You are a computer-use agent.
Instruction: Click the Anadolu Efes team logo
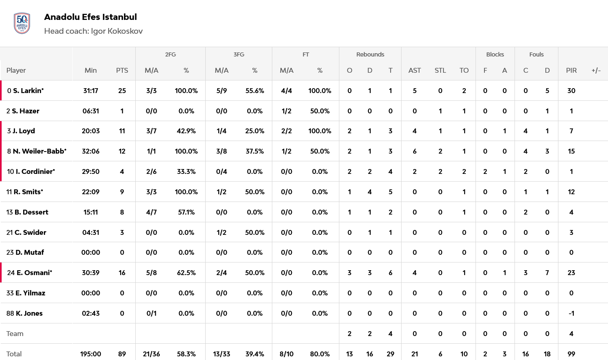22,23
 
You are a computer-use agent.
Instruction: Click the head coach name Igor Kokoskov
117,31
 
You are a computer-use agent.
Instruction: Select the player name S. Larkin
28,91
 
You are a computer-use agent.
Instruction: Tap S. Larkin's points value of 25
122,91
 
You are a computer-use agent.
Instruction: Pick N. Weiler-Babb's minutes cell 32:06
91,151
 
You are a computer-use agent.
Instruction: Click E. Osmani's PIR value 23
571,273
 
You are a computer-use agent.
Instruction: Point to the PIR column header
571,70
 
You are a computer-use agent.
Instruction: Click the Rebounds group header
370,54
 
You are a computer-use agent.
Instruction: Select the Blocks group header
495,54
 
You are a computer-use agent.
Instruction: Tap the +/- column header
596,70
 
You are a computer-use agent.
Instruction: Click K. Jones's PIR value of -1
571,313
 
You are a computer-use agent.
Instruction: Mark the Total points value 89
122,354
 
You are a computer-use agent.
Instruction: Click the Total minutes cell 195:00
91,354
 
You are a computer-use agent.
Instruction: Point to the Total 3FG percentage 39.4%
255,354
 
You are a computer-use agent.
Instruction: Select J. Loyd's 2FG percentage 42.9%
186,131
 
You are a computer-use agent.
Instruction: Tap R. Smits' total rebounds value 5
390,192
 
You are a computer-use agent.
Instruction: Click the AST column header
415,70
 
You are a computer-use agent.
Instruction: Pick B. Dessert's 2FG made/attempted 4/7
151,212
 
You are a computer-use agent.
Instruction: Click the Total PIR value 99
571,354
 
